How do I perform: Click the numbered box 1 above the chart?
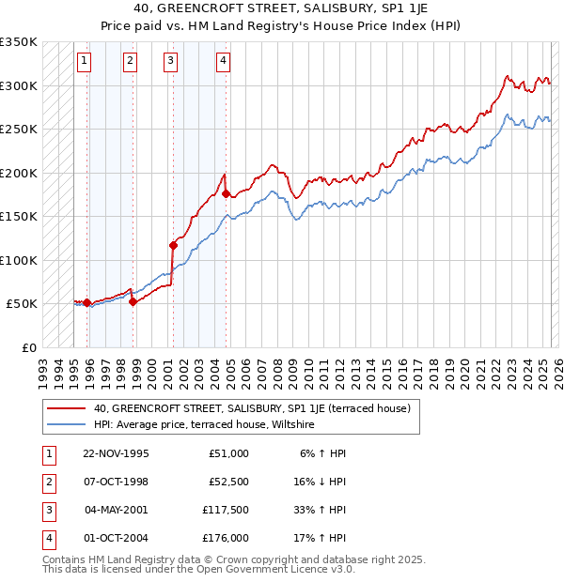tap(84, 62)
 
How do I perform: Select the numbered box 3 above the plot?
tap(170, 62)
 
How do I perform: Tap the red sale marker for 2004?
tap(226, 193)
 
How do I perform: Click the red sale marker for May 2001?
tap(173, 245)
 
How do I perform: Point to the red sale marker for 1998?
tap(133, 301)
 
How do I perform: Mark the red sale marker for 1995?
tap(86, 302)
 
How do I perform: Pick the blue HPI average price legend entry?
tap(203, 425)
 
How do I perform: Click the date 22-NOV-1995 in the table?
tap(116, 453)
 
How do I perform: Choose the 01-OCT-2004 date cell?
tap(116, 538)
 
